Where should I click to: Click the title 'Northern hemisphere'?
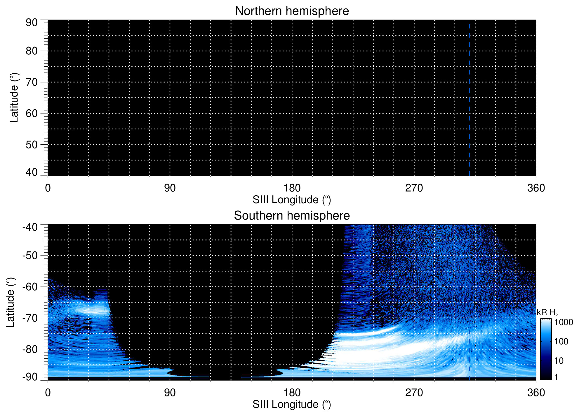(x=292, y=11)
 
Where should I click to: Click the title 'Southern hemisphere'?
(x=292, y=216)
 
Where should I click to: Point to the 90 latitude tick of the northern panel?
(x=32, y=23)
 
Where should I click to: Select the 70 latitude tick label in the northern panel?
(x=32, y=82)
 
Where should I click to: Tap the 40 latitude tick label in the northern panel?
(x=32, y=172)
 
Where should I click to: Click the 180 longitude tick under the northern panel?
(x=292, y=188)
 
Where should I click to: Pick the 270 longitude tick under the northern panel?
(x=414, y=188)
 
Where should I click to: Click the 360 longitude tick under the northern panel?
(x=536, y=188)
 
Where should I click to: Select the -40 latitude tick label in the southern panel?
(x=30, y=227)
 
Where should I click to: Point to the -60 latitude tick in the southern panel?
(x=30, y=287)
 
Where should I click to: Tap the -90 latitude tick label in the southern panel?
(x=30, y=377)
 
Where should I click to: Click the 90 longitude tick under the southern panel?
(x=170, y=393)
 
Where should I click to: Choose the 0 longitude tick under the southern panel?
(x=48, y=393)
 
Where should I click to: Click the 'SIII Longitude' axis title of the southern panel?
(x=292, y=404)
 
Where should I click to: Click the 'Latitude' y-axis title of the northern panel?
(x=14, y=98)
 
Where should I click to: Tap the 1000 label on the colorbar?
(x=564, y=322)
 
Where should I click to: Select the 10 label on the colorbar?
(x=559, y=361)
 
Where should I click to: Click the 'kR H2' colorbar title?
(x=547, y=313)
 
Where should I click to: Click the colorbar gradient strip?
(x=546, y=349)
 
